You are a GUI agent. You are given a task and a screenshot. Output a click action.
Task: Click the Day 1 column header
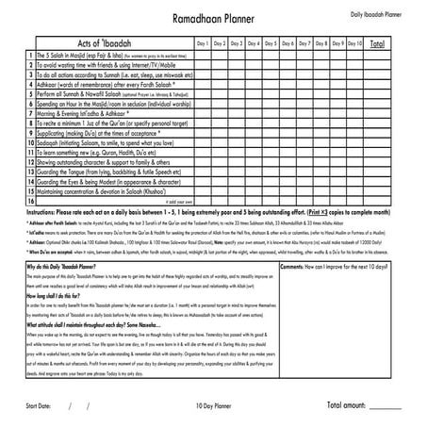[x=203, y=43]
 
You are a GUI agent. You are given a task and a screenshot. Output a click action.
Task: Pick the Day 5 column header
[x=271, y=43]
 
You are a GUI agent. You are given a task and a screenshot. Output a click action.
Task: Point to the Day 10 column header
[x=354, y=43]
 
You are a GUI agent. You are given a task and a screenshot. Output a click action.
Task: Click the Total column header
[x=377, y=43]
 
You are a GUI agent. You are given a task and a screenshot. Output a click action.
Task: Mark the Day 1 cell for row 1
[x=203, y=57]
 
